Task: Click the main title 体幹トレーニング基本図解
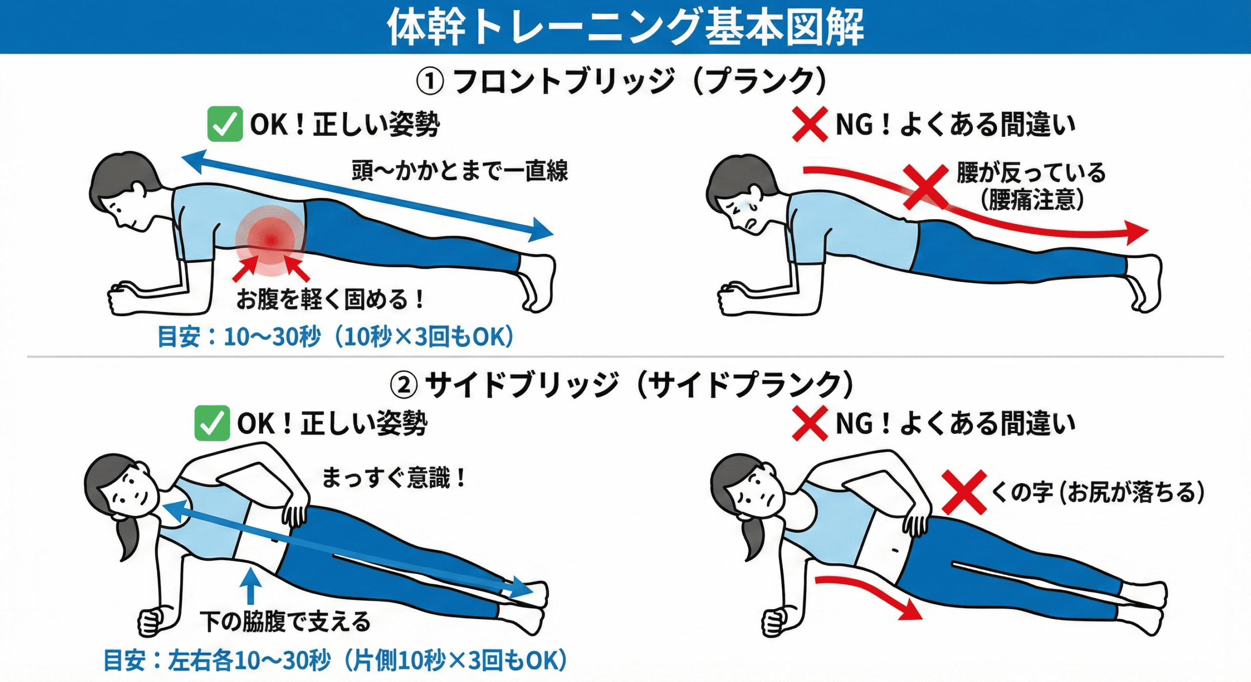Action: (x=625, y=26)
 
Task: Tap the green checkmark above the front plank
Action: (x=225, y=124)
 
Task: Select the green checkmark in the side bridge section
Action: (x=212, y=423)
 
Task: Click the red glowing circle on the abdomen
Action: (x=271, y=239)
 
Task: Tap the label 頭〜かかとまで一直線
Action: (x=460, y=171)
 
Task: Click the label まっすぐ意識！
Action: (x=394, y=478)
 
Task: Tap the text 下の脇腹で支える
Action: (x=285, y=621)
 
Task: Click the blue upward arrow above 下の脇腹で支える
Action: (x=251, y=586)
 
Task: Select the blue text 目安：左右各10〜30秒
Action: (x=217, y=661)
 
